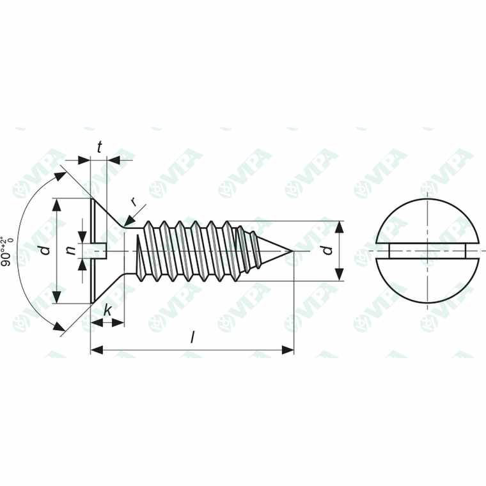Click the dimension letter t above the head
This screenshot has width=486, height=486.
click(x=100, y=147)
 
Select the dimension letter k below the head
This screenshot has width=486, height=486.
click(x=108, y=311)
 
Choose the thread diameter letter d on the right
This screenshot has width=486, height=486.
click(x=327, y=250)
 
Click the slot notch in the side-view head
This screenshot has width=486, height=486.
click(x=100, y=251)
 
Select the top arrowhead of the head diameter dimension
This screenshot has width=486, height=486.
click(x=58, y=203)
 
